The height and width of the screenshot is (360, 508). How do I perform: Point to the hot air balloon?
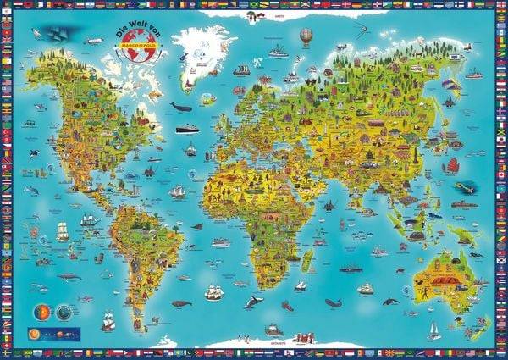[306, 36]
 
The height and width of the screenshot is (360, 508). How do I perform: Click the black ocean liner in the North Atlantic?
[188, 130]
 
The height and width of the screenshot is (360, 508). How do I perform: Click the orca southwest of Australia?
[390, 301]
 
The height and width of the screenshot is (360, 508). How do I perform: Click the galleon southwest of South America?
[108, 321]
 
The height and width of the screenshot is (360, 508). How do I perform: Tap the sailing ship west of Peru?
[89, 222]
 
